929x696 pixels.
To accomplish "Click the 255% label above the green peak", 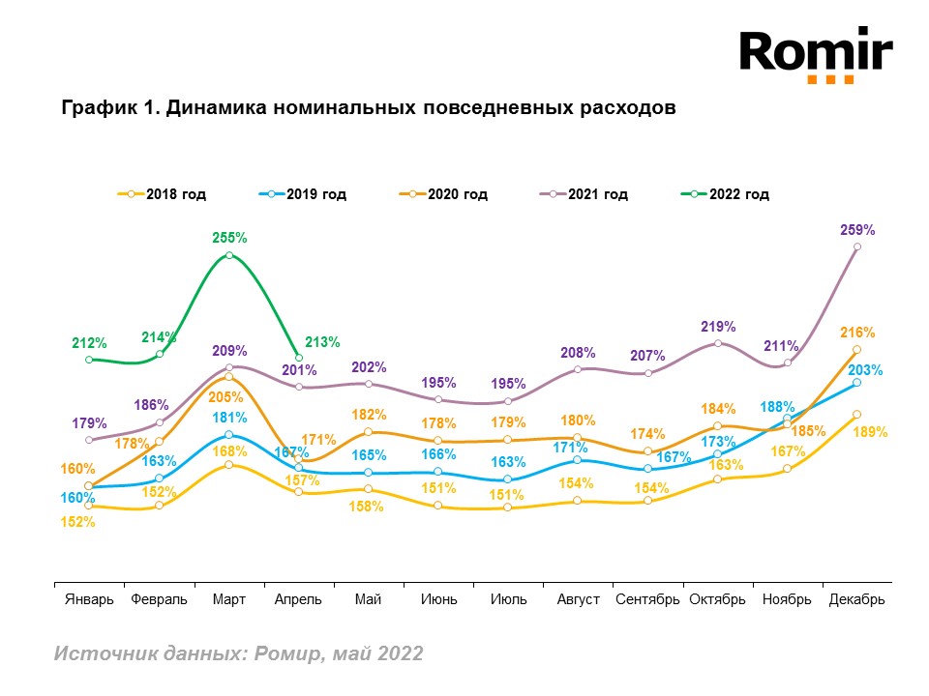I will [x=229, y=236].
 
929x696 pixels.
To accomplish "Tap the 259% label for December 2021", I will [x=858, y=230].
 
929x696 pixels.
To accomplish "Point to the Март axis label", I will [x=229, y=599].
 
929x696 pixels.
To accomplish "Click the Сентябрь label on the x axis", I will [x=648, y=599].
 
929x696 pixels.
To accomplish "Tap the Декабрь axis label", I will [x=857, y=599].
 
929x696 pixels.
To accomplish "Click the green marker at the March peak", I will [x=229, y=255].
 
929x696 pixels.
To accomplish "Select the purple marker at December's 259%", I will [x=857, y=246].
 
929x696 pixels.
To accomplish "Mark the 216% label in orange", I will [x=858, y=333].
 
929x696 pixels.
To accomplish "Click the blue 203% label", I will [x=865, y=369].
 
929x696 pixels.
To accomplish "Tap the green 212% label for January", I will [x=89, y=342].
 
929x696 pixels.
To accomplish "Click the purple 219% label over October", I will [x=719, y=327].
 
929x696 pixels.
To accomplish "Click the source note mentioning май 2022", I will [x=238, y=653].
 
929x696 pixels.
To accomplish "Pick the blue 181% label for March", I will [x=230, y=418].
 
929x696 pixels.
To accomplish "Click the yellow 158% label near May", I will [x=368, y=506].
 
